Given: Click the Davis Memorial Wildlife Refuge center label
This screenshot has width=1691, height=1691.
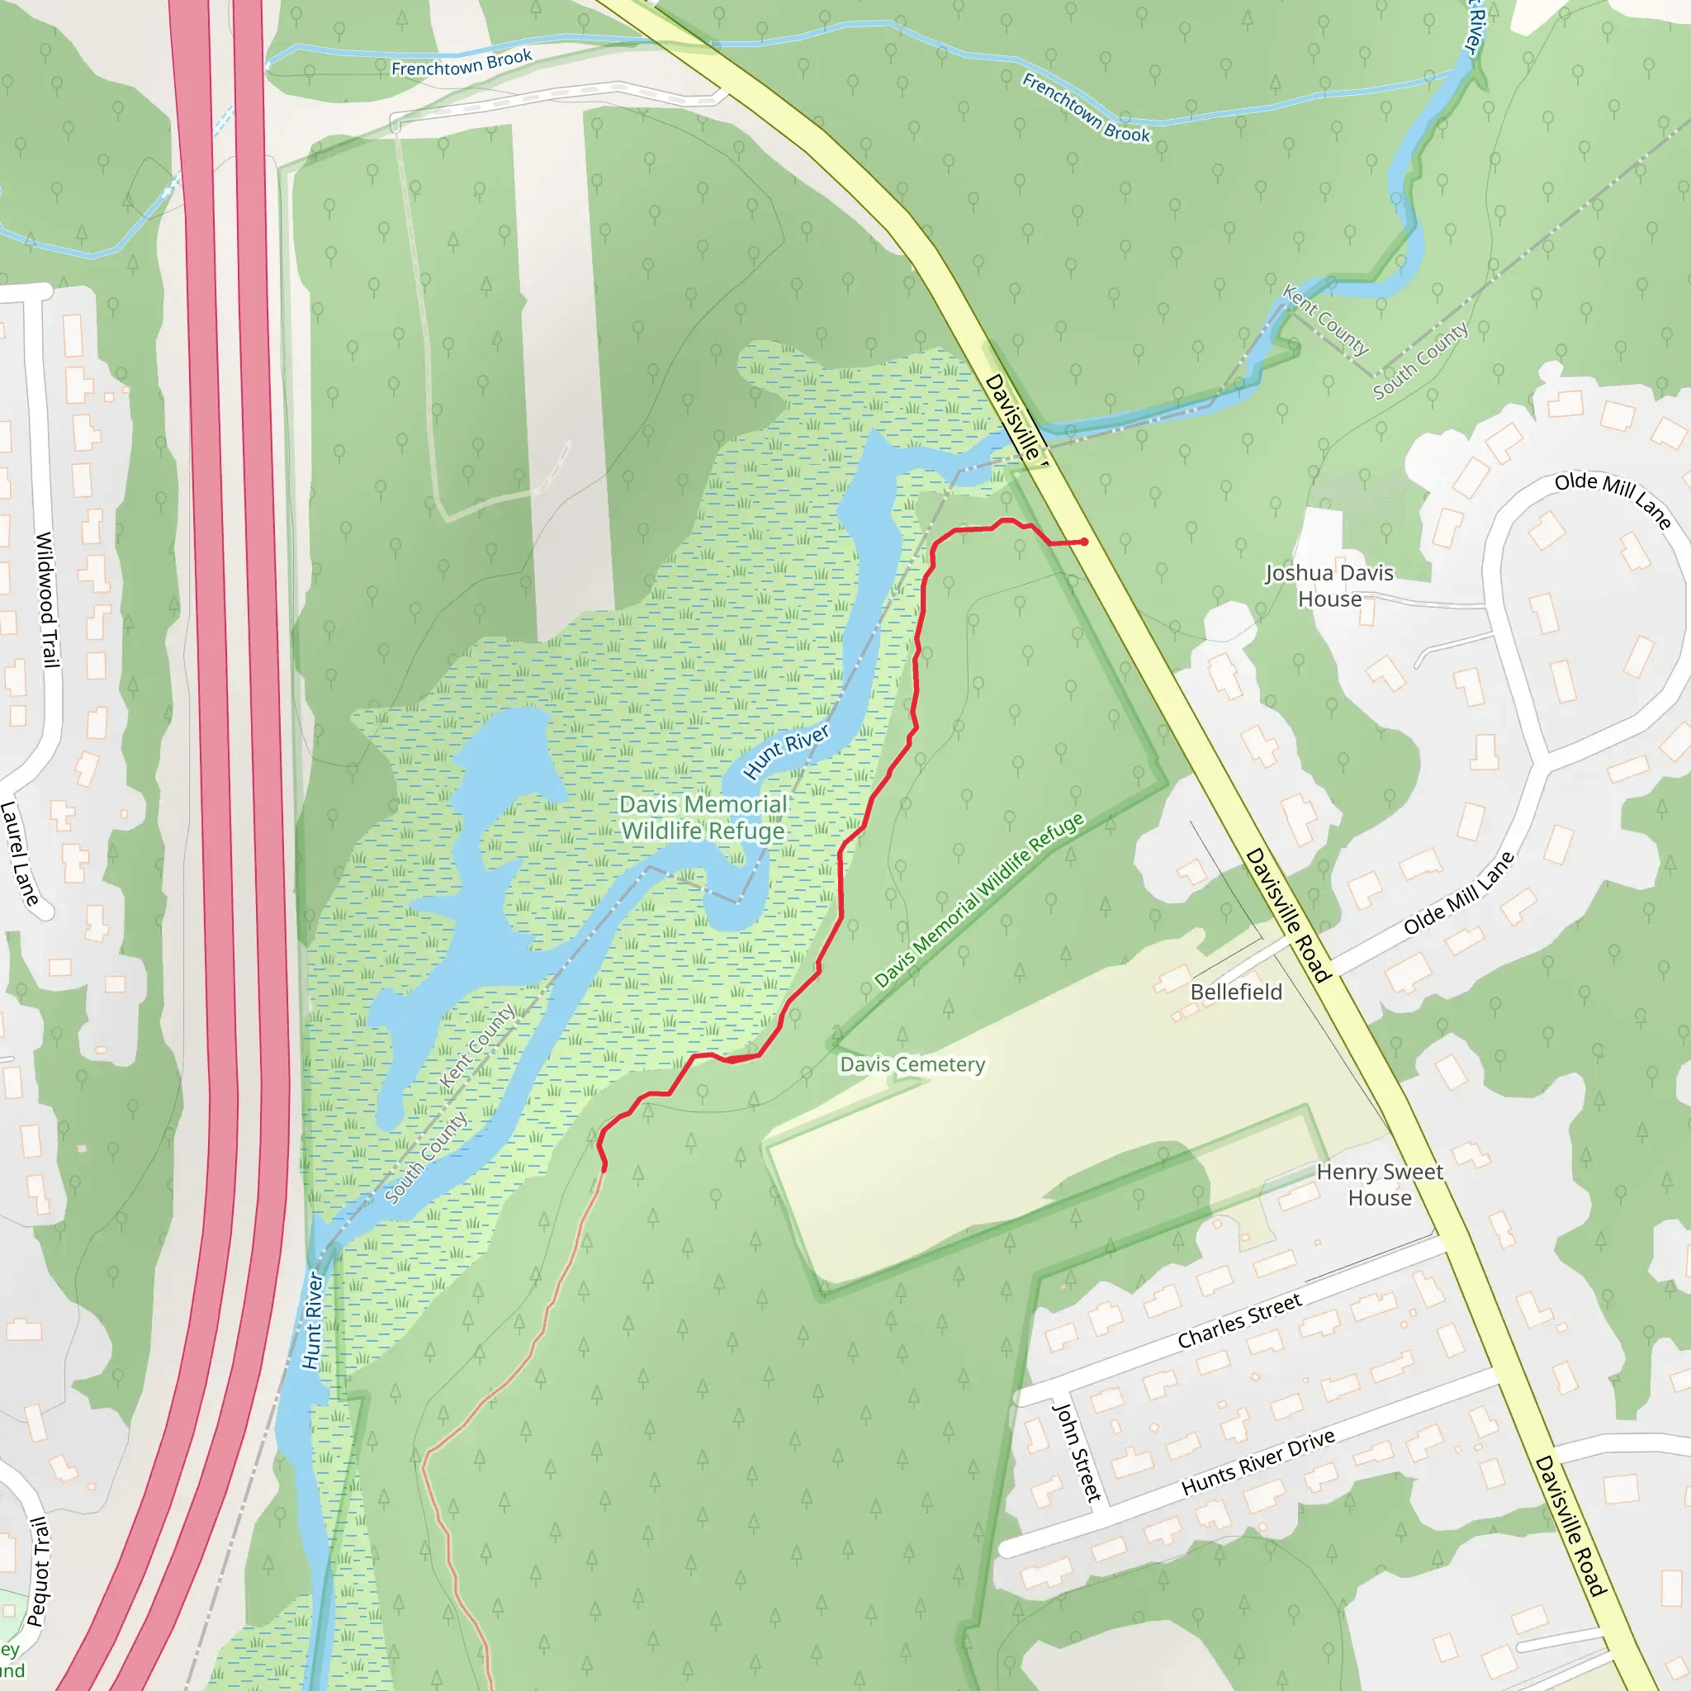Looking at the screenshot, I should pos(703,817).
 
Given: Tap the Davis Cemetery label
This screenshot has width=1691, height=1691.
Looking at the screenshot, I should pos(912,1064).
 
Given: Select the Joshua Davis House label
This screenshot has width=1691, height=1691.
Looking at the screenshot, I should pos(1329,585).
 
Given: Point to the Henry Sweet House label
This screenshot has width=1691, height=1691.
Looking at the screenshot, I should pos(1380,1184).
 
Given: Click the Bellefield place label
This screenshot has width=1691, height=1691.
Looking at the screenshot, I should pos(1236,992).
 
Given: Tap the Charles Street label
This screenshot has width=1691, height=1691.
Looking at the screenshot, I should pos(1239,1322).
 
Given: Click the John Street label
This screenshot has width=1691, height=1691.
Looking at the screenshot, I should pos(1077,1452).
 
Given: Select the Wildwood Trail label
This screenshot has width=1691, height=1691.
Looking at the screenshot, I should pos(47,599).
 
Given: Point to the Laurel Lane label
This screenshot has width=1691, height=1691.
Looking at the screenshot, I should pos(19,854).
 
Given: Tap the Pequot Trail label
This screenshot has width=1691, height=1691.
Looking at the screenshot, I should pos(40,1572).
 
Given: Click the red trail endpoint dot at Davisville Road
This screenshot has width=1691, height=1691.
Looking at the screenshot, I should pos(1084,542).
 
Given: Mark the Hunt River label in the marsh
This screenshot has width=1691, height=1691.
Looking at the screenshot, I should pos(786,751).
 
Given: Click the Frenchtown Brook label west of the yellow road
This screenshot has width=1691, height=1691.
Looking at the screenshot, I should pos(462,63).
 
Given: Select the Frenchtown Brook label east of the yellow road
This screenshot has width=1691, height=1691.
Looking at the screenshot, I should pos(1087,108).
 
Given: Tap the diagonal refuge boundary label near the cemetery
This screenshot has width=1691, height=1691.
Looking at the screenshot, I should pos(979,900).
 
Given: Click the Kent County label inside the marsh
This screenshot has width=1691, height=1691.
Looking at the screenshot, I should pos(477,1046).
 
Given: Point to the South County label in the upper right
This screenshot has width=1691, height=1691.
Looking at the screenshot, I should pos(1419,361).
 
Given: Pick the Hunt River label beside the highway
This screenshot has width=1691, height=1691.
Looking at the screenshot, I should pos(312,1321).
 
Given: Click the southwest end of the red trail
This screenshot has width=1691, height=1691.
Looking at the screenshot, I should pos(604,1168).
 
